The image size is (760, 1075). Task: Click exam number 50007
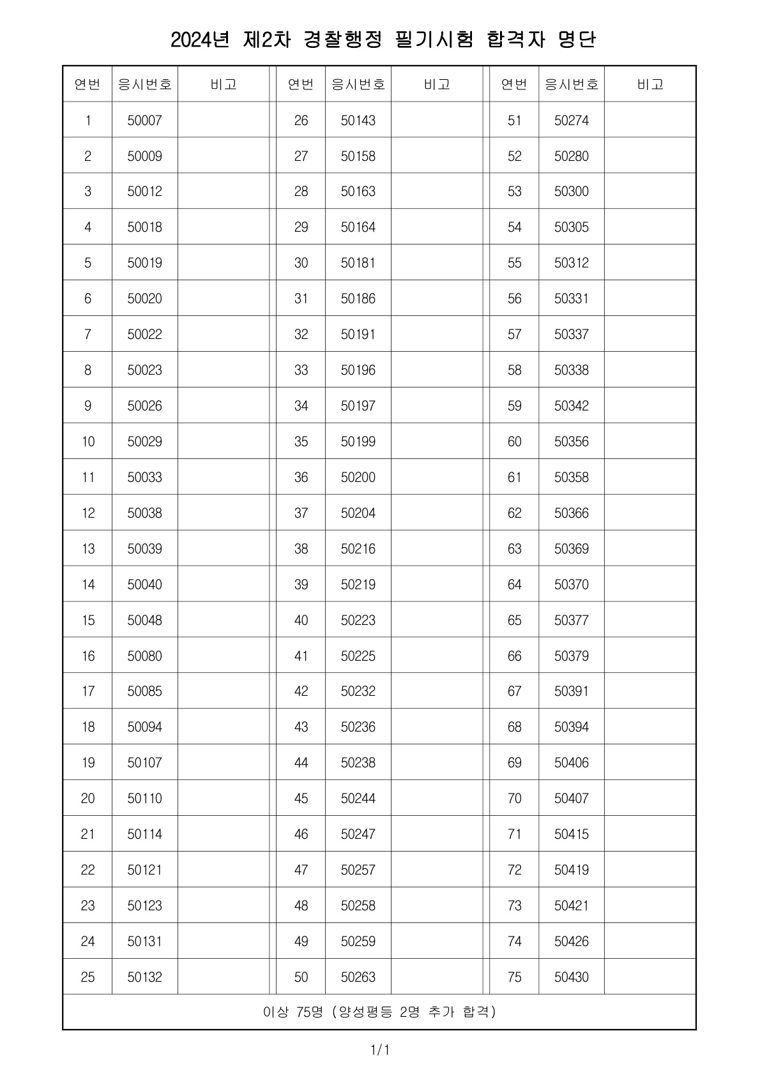145,120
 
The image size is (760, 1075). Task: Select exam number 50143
358,120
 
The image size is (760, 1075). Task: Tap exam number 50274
572,120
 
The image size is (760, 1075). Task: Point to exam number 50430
572,977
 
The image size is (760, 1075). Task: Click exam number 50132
145,977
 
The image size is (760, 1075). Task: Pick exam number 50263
358,977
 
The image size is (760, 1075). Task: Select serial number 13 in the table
88,548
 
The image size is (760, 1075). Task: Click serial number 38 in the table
301,548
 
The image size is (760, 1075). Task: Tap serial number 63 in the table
515,548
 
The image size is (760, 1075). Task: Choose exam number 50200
358,477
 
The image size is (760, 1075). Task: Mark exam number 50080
145,656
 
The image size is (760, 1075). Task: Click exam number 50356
572,441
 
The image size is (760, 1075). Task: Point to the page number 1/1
380,1049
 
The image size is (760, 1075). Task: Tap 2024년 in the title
199,40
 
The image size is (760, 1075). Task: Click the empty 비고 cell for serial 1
224,120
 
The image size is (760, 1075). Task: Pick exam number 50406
572,762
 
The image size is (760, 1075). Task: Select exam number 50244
358,798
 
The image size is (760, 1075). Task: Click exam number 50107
145,762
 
